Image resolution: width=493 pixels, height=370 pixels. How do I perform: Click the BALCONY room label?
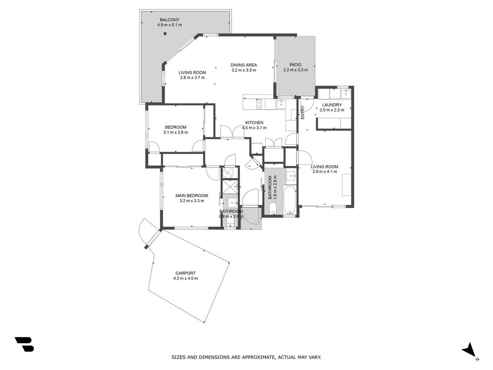[170, 20]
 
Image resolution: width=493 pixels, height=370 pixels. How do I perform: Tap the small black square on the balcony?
[165, 34]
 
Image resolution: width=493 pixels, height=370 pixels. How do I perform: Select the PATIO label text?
[295, 65]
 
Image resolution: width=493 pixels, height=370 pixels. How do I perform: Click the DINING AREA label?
[243, 65]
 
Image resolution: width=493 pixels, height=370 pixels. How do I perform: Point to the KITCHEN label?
[254, 123]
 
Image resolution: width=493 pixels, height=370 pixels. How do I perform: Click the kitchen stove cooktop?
[259, 104]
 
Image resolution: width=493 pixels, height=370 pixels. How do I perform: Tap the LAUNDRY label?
[332, 105]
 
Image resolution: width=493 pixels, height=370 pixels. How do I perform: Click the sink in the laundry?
[346, 93]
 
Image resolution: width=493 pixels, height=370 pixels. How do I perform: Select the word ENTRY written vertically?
[303, 112]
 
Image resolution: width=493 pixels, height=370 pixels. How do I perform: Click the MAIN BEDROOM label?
[191, 196]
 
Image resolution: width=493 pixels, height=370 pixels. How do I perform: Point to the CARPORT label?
[185, 273]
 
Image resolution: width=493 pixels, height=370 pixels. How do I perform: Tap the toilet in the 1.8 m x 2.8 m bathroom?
[273, 208]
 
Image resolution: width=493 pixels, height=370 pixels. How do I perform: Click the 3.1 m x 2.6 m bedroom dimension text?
[176, 132]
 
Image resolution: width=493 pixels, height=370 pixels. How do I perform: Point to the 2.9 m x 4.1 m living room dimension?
[324, 172]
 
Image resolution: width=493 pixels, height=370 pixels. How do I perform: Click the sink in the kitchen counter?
[280, 104]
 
